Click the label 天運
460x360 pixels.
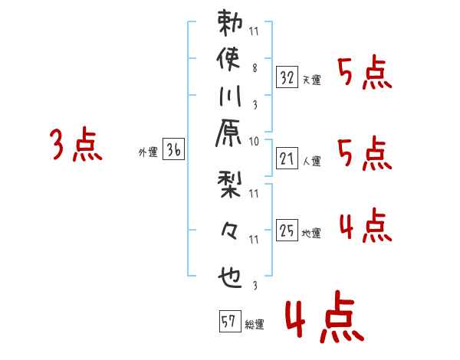coord(312,80)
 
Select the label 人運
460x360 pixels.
coord(312,162)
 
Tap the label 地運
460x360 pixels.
coord(312,233)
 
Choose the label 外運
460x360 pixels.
coord(148,152)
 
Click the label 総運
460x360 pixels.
coord(255,324)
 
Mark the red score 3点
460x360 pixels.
coord(76,145)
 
